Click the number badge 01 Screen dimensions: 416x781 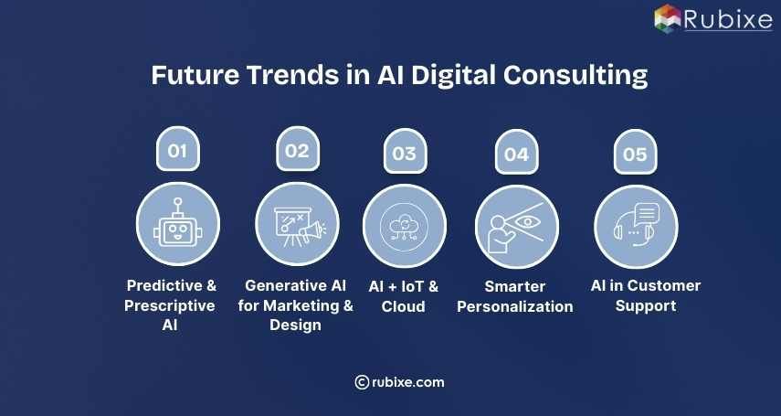click(176, 151)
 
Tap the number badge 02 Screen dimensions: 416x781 click(297, 151)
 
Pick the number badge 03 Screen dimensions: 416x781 click(404, 154)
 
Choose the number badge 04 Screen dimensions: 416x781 click(516, 154)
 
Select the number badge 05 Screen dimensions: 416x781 click(634, 154)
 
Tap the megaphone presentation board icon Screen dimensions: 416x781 click(297, 223)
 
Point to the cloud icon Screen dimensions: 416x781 click(404, 225)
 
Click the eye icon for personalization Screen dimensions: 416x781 click(523, 221)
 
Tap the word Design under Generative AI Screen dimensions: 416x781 click(295, 325)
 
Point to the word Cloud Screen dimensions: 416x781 click(403, 306)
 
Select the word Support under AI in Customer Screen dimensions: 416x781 click(645, 305)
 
